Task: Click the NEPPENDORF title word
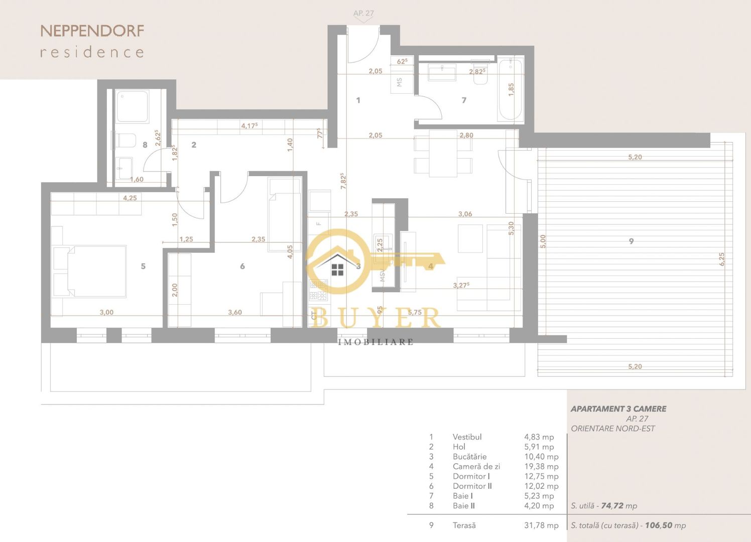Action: pos(92,31)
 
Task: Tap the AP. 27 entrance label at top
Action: pos(363,14)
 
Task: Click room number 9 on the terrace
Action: pos(631,241)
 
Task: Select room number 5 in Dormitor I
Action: pos(143,266)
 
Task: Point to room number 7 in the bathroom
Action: pos(464,100)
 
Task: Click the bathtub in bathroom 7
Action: pos(510,89)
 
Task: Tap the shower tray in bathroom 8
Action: pos(132,106)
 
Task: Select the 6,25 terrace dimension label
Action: pos(722,259)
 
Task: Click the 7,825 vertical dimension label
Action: pos(343,181)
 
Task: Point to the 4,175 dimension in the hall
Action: pos(249,125)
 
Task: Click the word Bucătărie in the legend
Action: pos(469,457)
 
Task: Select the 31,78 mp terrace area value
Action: pos(541,525)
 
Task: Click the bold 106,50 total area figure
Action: pos(659,525)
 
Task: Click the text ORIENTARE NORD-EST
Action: pos(612,429)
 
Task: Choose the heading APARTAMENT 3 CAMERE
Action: pos(618,409)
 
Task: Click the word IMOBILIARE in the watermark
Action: pos(375,342)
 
